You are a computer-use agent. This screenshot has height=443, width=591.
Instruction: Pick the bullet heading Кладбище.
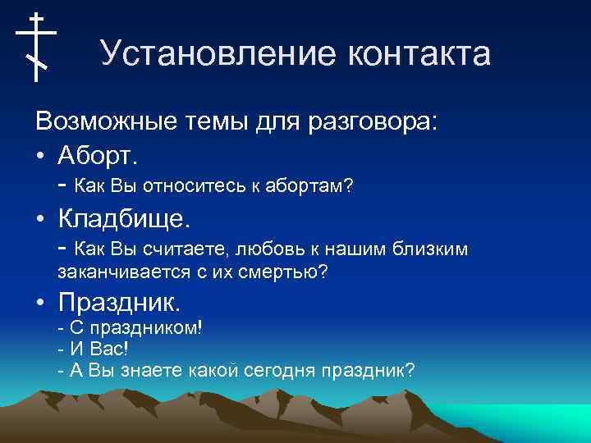124,218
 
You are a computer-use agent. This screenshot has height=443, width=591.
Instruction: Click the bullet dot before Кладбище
40,219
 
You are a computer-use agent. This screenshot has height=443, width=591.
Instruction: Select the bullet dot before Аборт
40,154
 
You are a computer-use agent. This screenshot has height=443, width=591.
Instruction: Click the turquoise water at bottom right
525,422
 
